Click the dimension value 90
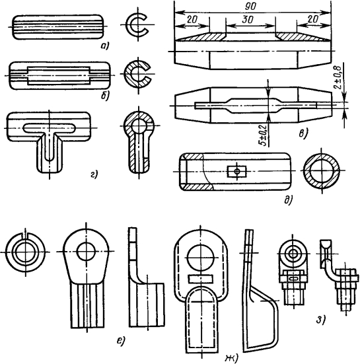[250, 6]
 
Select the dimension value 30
[247, 20]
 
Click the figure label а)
[104, 46]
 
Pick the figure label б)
[105, 95]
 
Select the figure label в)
[303, 133]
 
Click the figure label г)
[94, 174]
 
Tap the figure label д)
[289, 200]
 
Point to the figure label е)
[121, 340]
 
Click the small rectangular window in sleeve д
[236, 172]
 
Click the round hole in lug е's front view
[86, 252]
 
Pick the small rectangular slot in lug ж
[200, 279]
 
